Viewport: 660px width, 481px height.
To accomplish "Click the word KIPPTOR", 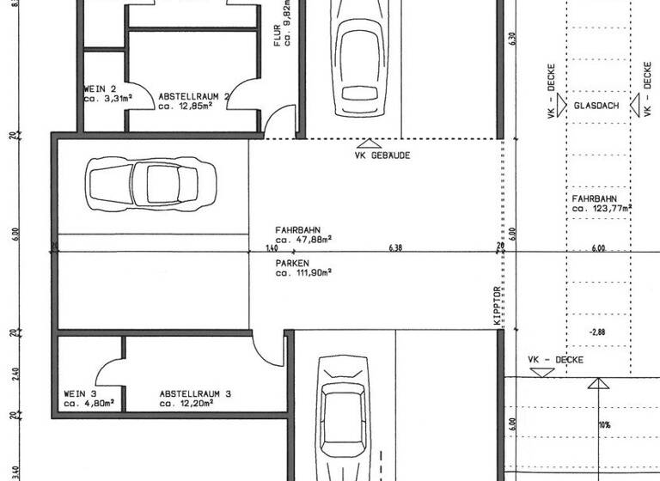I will [x=496, y=306].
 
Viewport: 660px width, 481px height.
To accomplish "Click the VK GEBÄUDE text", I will [x=382, y=155].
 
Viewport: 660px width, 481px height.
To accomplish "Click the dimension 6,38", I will [x=396, y=247].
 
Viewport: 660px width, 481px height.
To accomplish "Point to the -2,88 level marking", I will [x=599, y=331].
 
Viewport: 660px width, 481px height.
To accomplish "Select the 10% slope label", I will [x=605, y=424].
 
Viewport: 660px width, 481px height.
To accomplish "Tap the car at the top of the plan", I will [x=359, y=56].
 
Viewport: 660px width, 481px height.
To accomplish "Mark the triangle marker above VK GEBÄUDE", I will [x=368, y=143].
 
